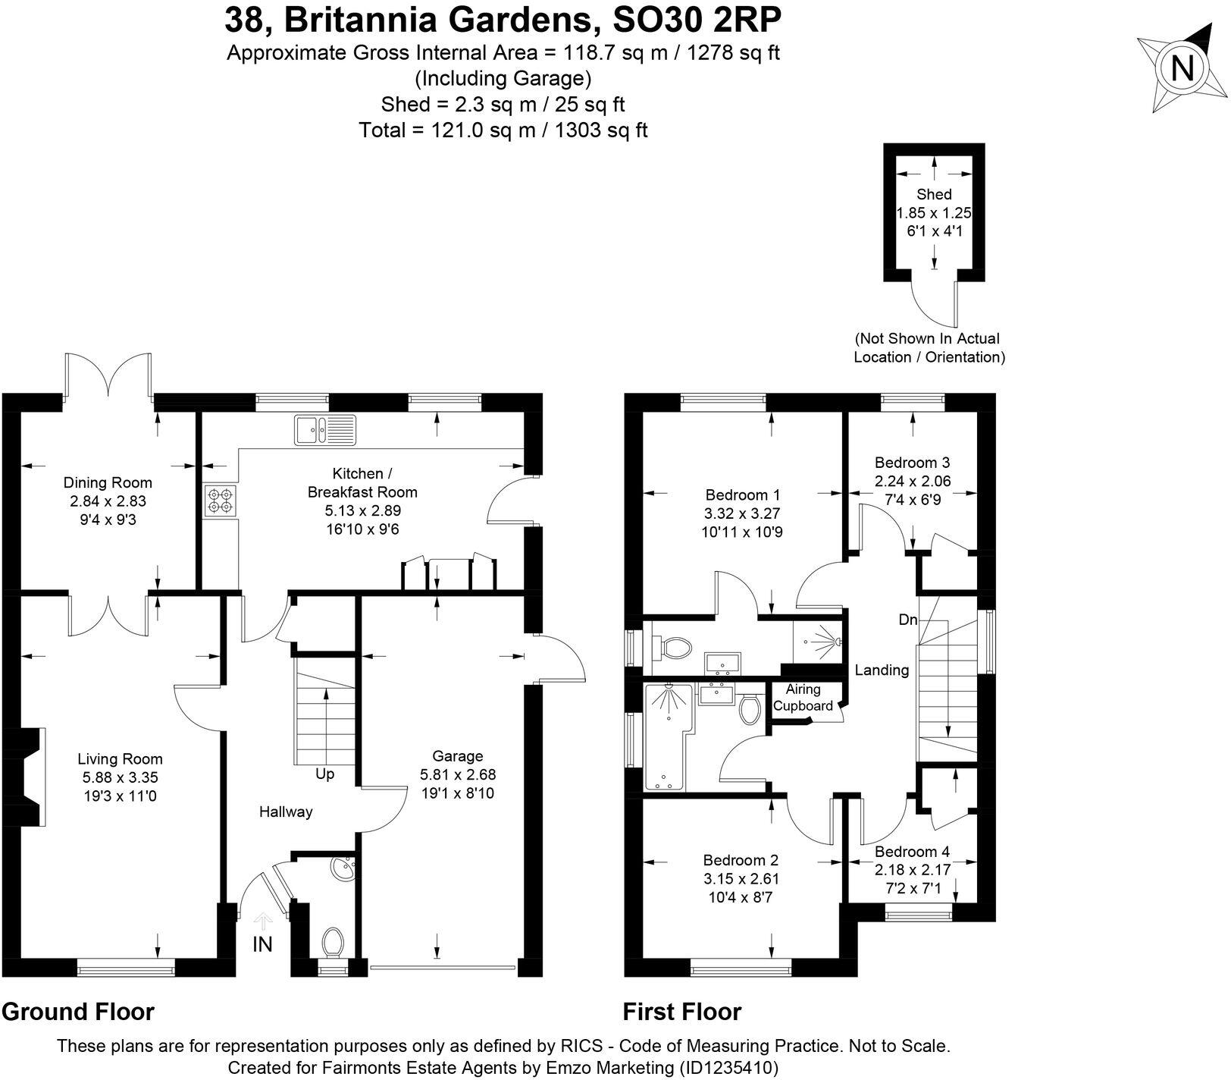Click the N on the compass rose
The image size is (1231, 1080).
(1182, 69)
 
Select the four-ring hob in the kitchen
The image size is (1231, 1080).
(220, 501)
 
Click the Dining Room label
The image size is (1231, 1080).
(108, 482)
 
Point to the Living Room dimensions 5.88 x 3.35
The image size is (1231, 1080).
(121, 777)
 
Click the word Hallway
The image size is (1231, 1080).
(286, 812)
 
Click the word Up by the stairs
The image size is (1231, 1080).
(325, 774)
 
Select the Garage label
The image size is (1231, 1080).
(457, 755)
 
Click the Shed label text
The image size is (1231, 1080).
(934, 194)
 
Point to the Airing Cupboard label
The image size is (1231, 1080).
(803, 697)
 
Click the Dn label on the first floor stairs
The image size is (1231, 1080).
(908, 620)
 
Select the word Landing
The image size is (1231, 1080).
(882, 670)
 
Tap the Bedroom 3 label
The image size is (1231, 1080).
(912, 462)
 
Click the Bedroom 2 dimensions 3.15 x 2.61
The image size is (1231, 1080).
(741, 879)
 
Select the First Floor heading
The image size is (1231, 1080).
(681, 1011)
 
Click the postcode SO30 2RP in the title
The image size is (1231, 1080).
(696, 21)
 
